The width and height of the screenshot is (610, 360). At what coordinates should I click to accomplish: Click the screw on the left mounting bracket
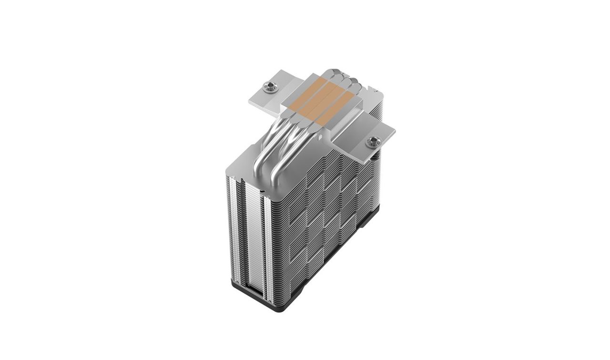pyautogui.click(x=268, y=87)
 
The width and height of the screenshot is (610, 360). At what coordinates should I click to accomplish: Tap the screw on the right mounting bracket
pyautogui.click(x=373, y=141)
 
